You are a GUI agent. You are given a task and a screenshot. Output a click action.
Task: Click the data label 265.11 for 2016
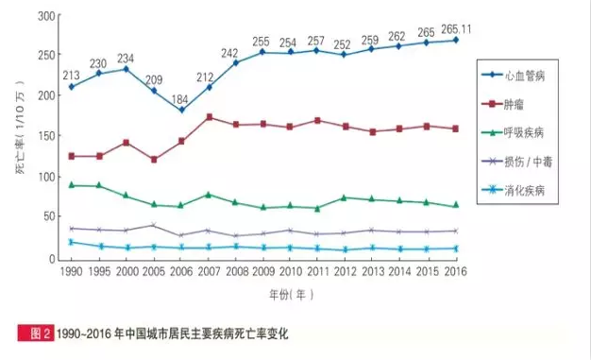pos(457,29)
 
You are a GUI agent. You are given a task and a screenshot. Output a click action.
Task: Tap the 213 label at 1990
pos(71,74)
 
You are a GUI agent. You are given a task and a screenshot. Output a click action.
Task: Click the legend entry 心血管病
pos(530,75)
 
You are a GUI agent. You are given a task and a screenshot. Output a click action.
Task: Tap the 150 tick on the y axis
pos(43,137)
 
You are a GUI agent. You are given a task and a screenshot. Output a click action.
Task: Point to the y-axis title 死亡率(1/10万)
pos(20,138)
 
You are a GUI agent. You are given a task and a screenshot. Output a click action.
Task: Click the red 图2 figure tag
pos(37,334)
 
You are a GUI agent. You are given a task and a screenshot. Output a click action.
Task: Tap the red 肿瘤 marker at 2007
pos(209,117)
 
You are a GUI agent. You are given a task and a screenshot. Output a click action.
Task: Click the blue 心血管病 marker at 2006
pos(181,110)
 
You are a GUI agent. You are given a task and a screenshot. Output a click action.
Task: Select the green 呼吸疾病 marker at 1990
pos(72,185)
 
